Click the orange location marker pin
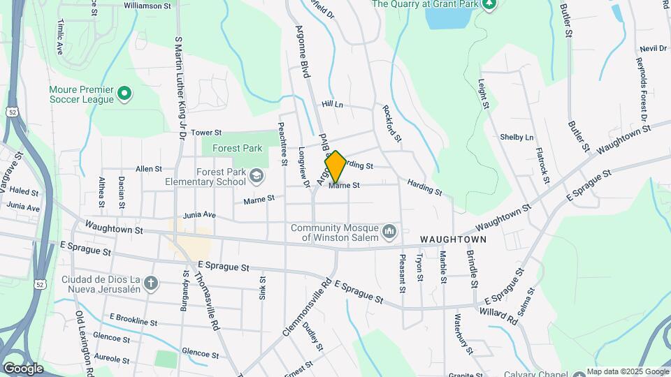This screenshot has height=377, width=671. [x=335, y=167]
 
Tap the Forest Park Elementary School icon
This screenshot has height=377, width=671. [x=257, y=175]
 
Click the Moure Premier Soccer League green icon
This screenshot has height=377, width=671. [x=124, y=93]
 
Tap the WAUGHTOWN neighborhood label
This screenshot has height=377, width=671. [x=453, y=239]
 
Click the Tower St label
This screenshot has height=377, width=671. [x=206, y=132]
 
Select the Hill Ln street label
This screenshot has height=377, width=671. [x=333, y=104]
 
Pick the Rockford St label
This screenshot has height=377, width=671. [x=392, y=124]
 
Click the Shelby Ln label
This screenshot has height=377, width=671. [x=517, y=138]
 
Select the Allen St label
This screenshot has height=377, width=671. [x=148, y=169]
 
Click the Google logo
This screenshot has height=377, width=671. [x=22, y=368]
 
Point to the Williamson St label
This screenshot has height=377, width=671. [x=147, y=6]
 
